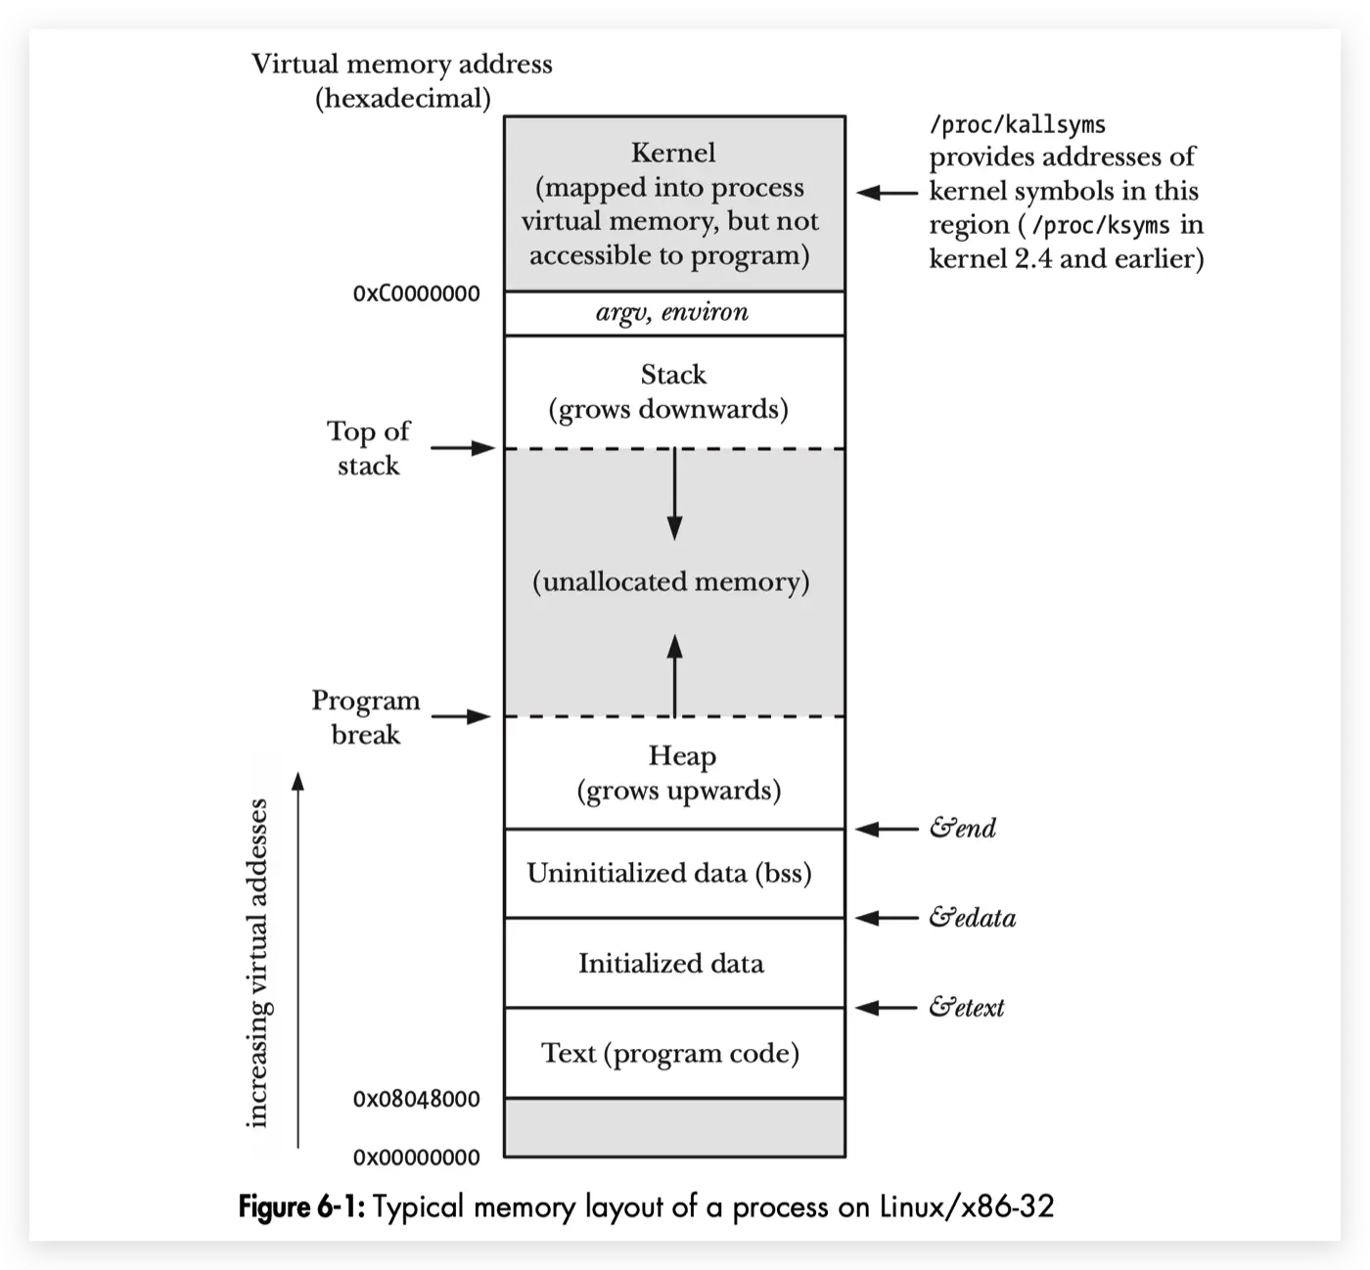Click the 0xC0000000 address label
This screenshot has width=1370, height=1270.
(x=417, y=294)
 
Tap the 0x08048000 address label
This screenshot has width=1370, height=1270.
(x=417, y=1099)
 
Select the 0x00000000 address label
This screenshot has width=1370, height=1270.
(x=417, y=1157)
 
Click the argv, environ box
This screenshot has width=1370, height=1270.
(x=673, y=313)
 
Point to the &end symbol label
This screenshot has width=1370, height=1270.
(x=963, y=829)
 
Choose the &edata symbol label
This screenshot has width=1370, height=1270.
(x=973, y=918)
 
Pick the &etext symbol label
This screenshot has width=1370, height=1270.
(x=967, y=1008)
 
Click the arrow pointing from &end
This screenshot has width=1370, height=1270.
(x=887, y=830)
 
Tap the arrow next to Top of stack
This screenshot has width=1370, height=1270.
(x=463, y=448)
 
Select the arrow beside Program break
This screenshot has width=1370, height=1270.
(x=461, y=717)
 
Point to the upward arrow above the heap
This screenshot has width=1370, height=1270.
(x=674, y=675)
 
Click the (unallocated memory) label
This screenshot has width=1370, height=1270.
(x=671, y=582)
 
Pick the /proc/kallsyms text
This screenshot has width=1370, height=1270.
(x=1017, y=125)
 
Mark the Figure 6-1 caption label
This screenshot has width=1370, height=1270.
(x=301, y=1206)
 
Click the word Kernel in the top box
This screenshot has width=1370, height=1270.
(x=673, y=153)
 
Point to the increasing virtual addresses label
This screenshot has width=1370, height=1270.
(x=257, y=964)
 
